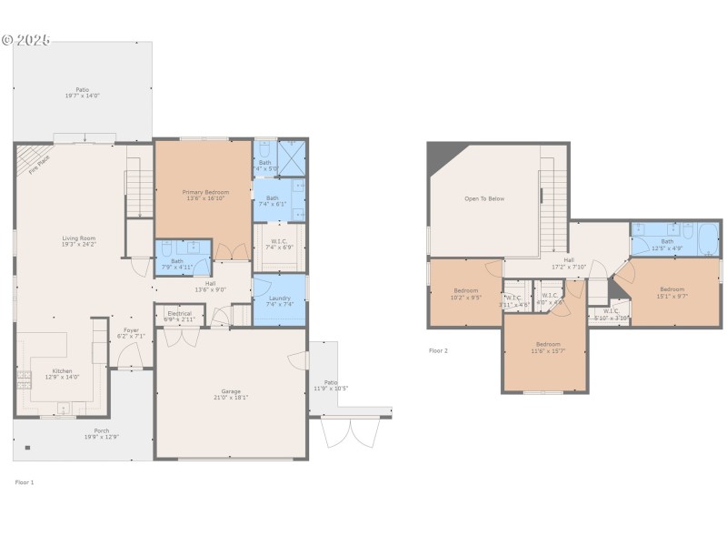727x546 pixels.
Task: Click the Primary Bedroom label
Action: click(x=204, y=192)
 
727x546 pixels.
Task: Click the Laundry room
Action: click(x=279, y=300)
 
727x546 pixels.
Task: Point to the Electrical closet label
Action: click(x=179, y=315)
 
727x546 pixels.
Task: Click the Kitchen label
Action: click(x=62, y=371)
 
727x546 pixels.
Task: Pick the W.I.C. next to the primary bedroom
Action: click(x=279, y=243)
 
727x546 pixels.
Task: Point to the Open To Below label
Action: click(x=483, y=198)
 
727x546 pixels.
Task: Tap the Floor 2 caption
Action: click(x=438, y=350)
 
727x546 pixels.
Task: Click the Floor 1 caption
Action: click(x=25, y=481)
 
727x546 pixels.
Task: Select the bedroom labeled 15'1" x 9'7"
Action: click(x=672, y=291)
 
